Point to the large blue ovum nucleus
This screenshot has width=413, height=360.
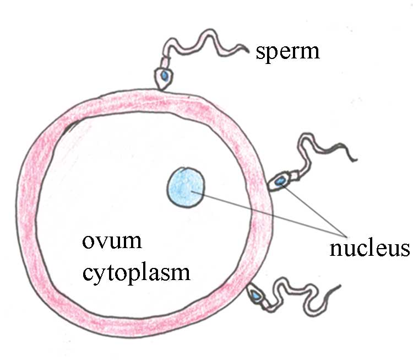(x=186, y=187)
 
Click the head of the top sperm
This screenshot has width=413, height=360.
(x=164, y=78)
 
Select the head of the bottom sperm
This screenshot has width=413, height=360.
(x=256, y=295)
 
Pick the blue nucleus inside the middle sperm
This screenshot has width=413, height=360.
(x=281, y=180)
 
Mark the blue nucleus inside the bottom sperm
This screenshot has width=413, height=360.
(x=256, y=296)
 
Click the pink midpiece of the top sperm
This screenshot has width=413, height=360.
(x=165, y=58)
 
